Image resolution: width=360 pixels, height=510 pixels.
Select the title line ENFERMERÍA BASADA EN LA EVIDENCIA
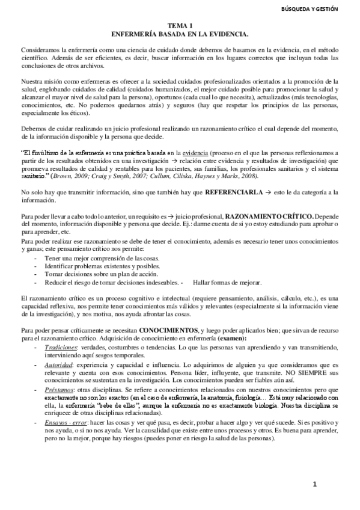tap(180, 34)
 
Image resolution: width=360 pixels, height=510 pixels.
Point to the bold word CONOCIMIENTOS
tap(168, 330)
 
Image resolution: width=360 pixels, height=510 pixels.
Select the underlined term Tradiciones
tap(61, 348)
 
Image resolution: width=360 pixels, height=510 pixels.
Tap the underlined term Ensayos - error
tap(66, 424)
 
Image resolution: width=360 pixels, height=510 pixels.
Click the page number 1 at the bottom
tap(314, 484)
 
